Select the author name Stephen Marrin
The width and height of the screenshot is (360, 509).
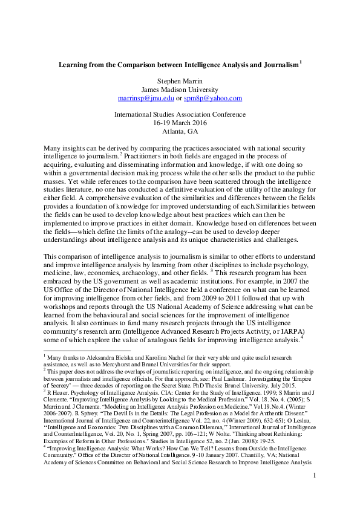pyautogui.click(x=180, y=78)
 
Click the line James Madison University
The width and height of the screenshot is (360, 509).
pyautogui.click(x=180, y=88)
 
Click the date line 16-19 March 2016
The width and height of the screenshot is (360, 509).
pyautogui.click(x=180, y=123)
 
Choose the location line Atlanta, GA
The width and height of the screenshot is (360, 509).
pyautogui.click(x=180, y=131)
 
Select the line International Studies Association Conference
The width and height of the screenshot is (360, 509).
pyautogui.click(x=180, y=114)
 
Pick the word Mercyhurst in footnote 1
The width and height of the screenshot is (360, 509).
pyautogui.click(x=117, y=365)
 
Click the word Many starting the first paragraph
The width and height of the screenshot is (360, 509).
pyautogui.click(x=53, y=148)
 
